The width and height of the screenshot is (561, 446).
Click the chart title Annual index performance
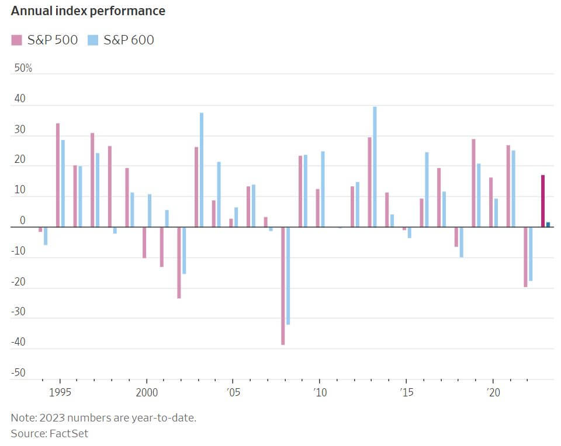tap(88, 11)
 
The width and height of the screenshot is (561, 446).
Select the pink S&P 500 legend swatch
tap(16, 40)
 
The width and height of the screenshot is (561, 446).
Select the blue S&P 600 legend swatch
tap(92, 40)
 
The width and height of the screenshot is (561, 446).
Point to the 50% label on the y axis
tap(23, 68)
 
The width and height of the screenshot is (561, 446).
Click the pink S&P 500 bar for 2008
tap(283, 285)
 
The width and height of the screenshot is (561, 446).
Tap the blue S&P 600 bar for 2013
tap(375, 166)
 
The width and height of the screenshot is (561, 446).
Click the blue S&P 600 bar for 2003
tap(202, 169)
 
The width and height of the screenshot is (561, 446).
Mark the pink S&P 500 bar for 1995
tap(58, 175)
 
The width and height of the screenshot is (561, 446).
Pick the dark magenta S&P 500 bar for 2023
tap(542, 201)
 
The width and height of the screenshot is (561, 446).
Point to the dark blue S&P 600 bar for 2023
tap(548, 224)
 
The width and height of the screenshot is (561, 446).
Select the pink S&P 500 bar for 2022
tap(525, 257)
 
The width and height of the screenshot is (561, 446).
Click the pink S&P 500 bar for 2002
tap(179, 263)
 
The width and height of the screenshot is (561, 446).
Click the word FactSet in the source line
tap(69, 433)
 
